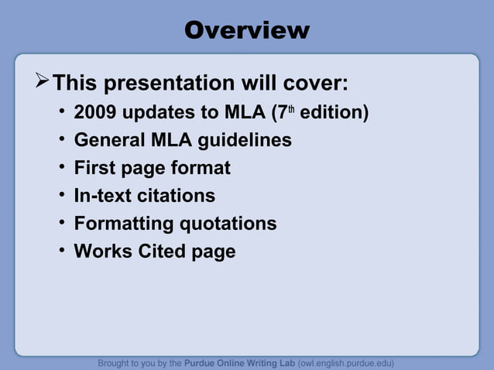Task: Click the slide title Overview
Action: click(x=247, y=30)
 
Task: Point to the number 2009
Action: click(x=95, y=112)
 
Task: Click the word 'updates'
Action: click(x=160, y=112)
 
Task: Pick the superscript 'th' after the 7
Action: click(x=292, y=108)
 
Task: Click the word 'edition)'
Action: click(x=334, y=112)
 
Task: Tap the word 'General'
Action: click(x=108, y=140)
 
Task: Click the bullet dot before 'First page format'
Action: click(x=61, y=167)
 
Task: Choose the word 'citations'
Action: click(x=178, y=196)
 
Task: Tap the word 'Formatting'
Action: click(x=124, y=224)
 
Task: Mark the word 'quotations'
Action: click(x=228, y=224)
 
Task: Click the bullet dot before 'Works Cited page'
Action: click(x=61, y=251)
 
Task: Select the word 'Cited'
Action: click(x=160, y=252)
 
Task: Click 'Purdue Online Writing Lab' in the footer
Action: click(x=239, y=362)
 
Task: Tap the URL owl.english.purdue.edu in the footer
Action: click(x=347, y=362)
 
